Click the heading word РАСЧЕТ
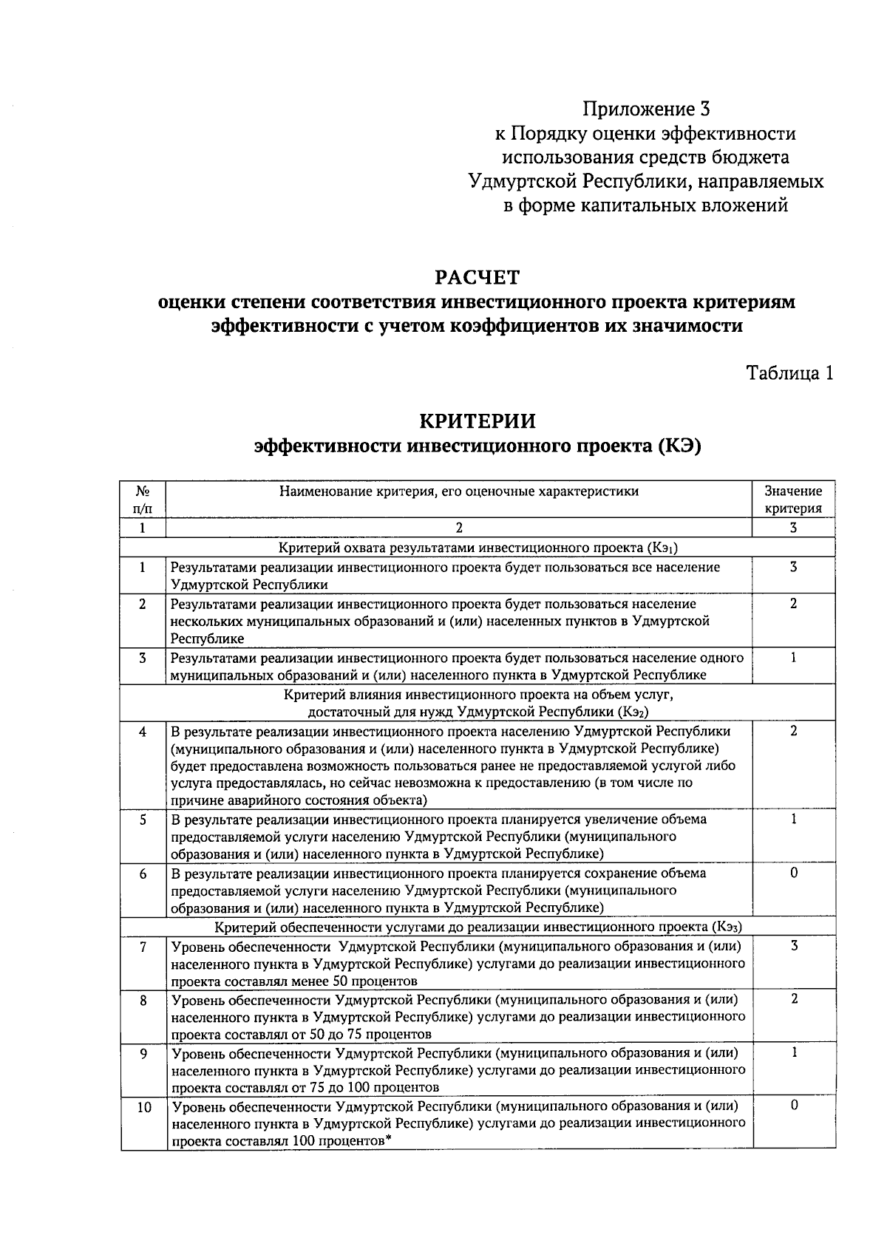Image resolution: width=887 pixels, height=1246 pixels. pyautogui.click(x=478, y=278)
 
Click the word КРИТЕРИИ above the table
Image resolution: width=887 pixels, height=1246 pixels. pyautogui.click(x=478, y=421)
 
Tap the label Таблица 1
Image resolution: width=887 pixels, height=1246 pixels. pyautogui.click(x=789, y=373)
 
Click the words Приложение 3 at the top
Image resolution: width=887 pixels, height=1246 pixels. pyautogui.click(x=645, y=110)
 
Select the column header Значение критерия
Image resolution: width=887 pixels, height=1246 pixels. pyautogui.click(x=792, y=500)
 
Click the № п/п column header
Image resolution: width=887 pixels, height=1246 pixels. pyautogui.click(x=143, y=500)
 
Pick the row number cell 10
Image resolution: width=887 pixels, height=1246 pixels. pyautogui.click(x=143, y=1107)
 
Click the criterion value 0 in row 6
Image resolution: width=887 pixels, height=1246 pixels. pyautogui.click(x=793, y=874)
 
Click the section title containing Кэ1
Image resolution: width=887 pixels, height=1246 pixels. pyautogui.click(x=478, y=548)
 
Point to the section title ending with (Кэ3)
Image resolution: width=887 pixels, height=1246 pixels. pyautogui.click(x=478, y=927)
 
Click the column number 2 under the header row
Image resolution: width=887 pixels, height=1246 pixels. pyautogui.click(x=458, y=528)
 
